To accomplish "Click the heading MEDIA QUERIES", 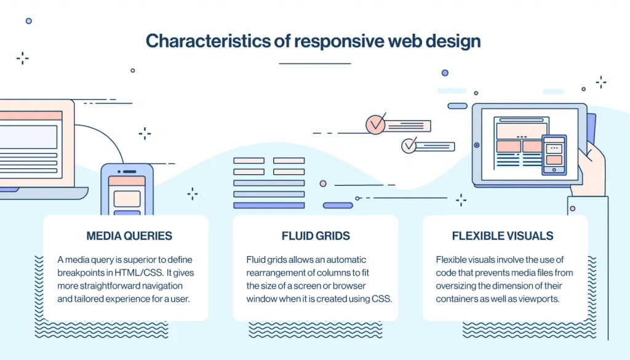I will point(129,236).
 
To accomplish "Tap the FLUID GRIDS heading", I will point(316,236).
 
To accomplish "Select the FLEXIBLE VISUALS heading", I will point(503,236).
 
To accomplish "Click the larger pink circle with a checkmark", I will point(375,124).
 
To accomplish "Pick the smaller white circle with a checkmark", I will point(409,146).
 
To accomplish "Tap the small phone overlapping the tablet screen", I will point(554,155).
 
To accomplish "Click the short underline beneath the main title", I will point(314,63).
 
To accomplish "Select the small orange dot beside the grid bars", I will point(322,183).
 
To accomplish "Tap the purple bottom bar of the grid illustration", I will point(269,205).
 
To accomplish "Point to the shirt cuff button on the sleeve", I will point(573,209).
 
